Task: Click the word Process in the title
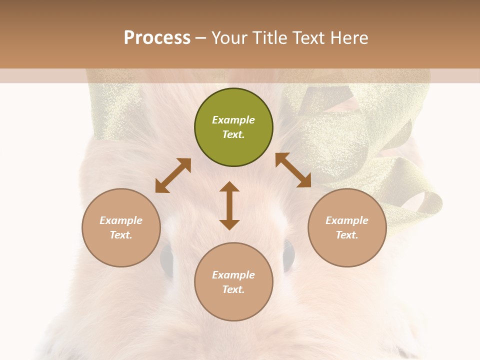coord(157,38)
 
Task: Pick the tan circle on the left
coord(121,227)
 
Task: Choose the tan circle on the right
coord(347,227)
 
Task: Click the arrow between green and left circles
coord(173,175)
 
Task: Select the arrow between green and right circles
coord(293,170)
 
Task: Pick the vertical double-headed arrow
coord(229,205)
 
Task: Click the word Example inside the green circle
coord(233,120)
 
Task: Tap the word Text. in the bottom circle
coord(233,289)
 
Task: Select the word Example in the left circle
coord(121,220)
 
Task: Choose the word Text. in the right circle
coord(347,235)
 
